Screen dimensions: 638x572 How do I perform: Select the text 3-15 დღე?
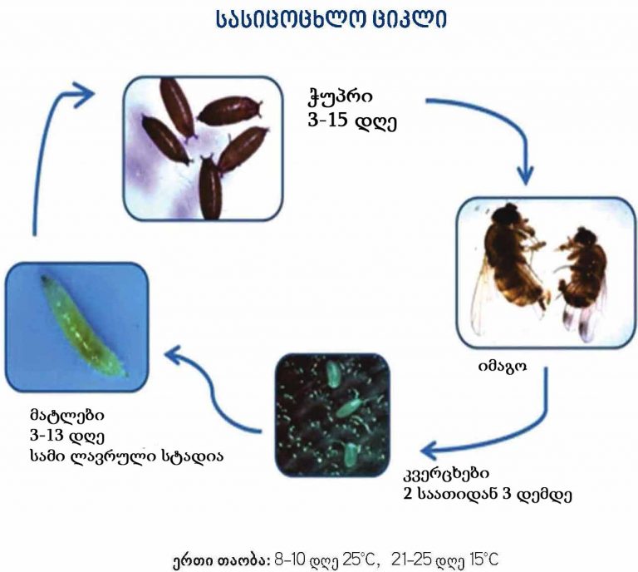click(x=352, y=121)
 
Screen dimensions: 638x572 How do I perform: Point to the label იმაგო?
click(x=502, y=366)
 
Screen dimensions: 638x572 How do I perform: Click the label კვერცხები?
click(x=446, y=473)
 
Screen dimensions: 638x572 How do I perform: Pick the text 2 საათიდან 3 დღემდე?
click(x=488, y=495)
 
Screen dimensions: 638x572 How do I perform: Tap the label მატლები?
click(x=66, y=415)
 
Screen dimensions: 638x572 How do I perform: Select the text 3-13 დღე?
click(x=67, y=436)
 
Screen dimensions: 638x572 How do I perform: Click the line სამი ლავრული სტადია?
click(x=126, y=456)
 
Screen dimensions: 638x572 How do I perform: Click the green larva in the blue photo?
click(x=84, y=326)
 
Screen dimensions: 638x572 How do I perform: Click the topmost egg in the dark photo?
click(x=333, y=373)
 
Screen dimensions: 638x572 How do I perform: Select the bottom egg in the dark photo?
click(x=350, y=454)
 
